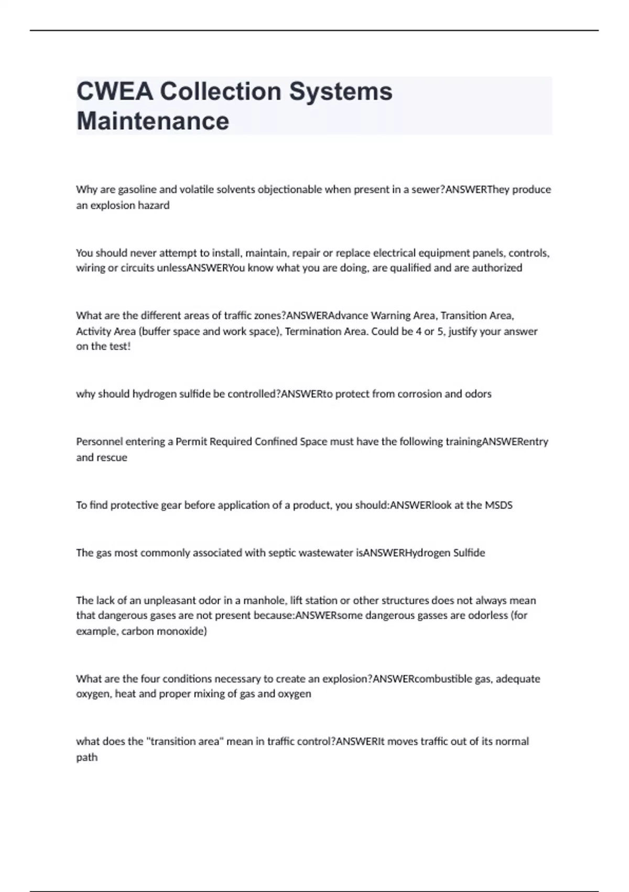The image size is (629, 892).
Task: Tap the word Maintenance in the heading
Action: [x=153, y=121]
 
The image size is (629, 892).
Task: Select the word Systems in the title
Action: [x=341, y=91]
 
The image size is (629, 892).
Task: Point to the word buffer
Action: [x=158, y=331]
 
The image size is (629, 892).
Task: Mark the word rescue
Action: [x=113, y=458]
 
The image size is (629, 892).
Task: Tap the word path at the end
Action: [x=87, y=757]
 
